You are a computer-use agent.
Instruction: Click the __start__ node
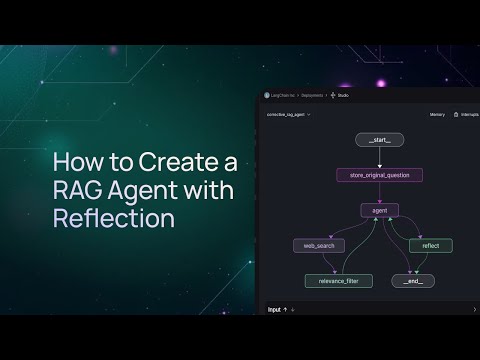click(x=379, y=141)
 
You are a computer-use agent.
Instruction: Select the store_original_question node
click(x=379, y=175)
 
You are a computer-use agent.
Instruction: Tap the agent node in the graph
click(x=379, y=210)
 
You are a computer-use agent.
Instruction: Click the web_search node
click(x=318, y=245)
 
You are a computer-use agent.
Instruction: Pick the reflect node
click(x=430, y=245)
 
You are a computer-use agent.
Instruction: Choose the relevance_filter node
click(x=338, y=281)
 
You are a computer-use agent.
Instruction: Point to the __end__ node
click(x=413, y=281)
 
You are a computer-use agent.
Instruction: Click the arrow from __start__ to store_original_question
click(x=379, y=158)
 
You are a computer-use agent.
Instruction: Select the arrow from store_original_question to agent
click(x=379, y=193)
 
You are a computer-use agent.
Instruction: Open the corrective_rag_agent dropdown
click(x=289, y=115)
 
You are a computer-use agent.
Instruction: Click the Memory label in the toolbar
click(x=437, y=115)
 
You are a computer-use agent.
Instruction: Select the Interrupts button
click(x=466, y=115)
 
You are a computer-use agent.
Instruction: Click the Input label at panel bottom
click(x=274, y=310)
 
